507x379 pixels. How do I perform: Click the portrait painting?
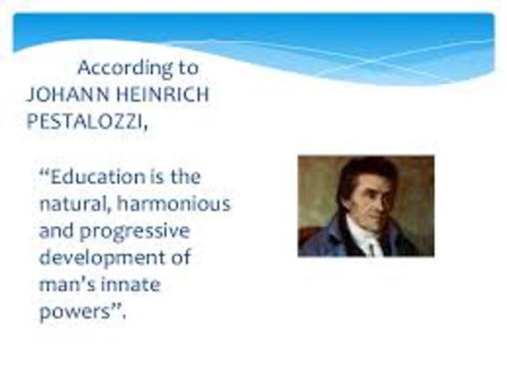pyautogui.click(x=365, y=206)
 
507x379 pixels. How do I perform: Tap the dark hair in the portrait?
pyautogui.click(x=360, y=170)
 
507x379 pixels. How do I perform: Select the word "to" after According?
pyautogui.click(x=189, y=68)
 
